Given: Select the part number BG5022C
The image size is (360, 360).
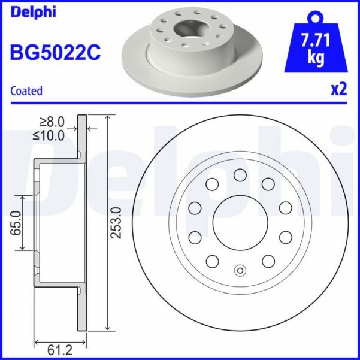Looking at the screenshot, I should [55, 52].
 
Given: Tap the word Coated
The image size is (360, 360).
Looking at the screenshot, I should [27, 91].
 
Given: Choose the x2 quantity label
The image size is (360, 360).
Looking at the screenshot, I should [339, 89].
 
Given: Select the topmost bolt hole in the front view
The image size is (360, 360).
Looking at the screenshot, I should [240, 175].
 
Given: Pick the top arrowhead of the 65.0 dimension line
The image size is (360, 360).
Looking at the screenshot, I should [22, 198].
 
